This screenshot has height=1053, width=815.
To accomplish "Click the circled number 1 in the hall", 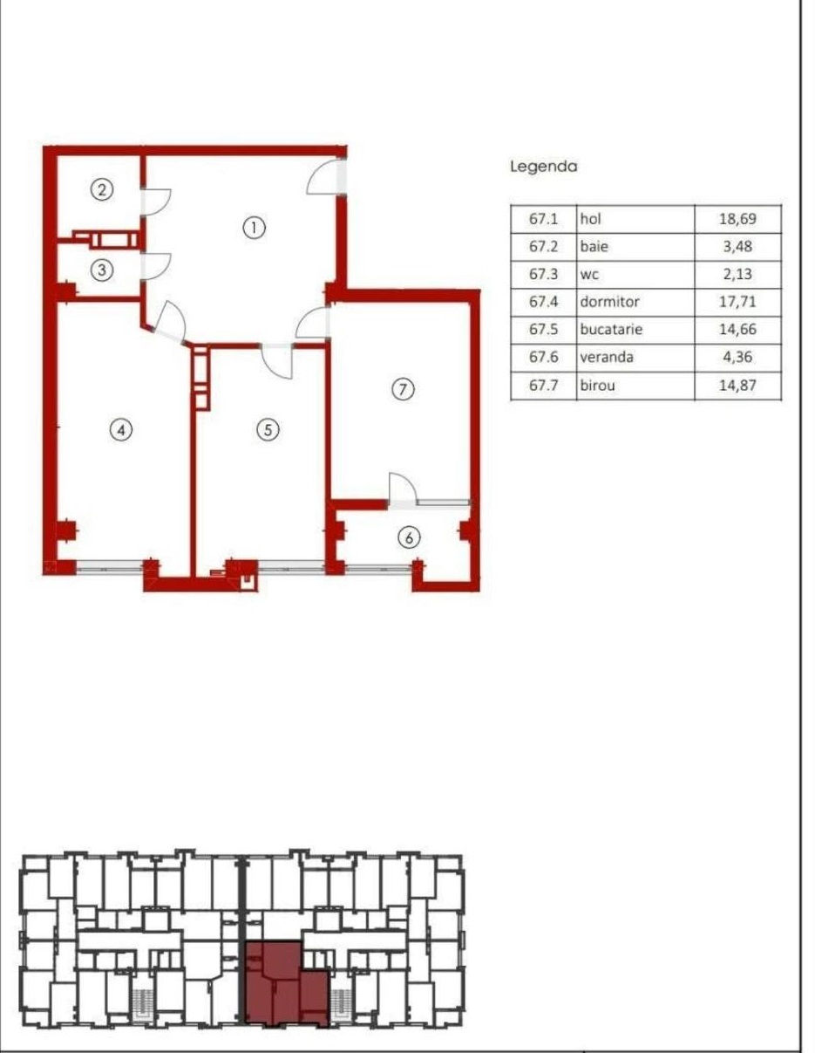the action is (x=254, y=228).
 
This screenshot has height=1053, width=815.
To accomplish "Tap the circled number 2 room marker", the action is (x=102, y=189).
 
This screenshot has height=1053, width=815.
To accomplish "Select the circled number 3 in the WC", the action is (x=102, y=270).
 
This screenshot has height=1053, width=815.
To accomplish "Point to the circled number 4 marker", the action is (x=121, y=430).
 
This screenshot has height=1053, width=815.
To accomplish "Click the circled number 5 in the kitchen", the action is (x=268, y=430).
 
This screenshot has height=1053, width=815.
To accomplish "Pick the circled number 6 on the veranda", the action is (x=409, y=537).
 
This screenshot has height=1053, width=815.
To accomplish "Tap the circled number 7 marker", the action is (x=403, y=389).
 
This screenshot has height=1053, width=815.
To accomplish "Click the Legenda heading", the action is (x=544, y=167).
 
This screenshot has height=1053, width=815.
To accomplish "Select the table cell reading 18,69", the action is (x=738, y=219).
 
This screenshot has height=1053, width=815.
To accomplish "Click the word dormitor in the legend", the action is (x=610, y=301).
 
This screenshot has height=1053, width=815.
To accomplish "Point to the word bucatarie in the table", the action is (x=611, y=329).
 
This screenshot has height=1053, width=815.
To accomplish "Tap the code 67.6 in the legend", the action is (x=544, y=357).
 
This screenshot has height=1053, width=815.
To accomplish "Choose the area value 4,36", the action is (x=738, y=357).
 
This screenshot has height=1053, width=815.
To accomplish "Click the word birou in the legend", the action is (x=598, y=386).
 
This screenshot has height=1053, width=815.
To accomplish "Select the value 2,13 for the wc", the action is (x=738, y=274).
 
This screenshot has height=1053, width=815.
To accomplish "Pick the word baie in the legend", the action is (x=594, y=246).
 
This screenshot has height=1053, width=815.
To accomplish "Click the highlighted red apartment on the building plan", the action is (x=286, y=982).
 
